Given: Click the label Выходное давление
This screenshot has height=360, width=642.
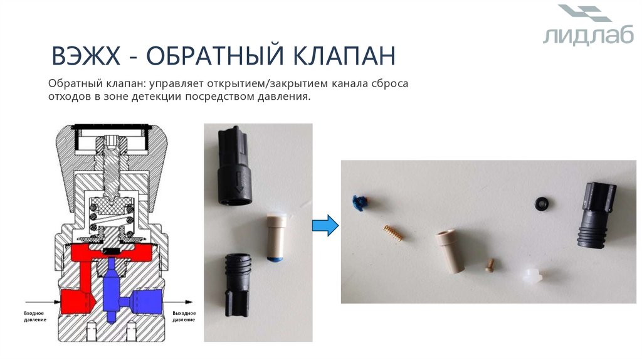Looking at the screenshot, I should [x=183, y=316].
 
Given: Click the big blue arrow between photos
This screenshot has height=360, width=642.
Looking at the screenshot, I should [x=325, y=225].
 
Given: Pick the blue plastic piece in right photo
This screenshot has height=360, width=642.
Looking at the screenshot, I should [x=359, y=201].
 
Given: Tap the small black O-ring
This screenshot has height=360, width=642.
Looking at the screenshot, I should [x=541, y=203].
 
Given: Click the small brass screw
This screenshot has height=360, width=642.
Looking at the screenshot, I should [x=491, y=267].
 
